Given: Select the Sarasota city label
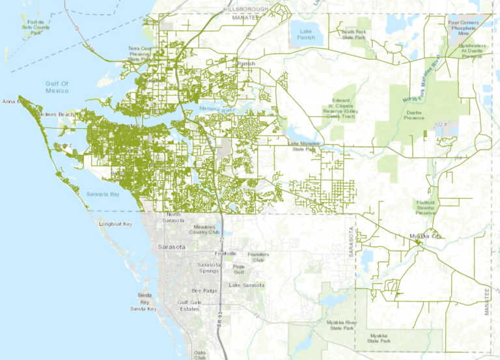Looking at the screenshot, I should coord(172,248).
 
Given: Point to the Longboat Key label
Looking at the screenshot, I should coord(115,224).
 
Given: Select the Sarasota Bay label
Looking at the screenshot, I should coord(102,194).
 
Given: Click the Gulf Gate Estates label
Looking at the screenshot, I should coord(193,306).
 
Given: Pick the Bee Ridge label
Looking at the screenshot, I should coord(204,290).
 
